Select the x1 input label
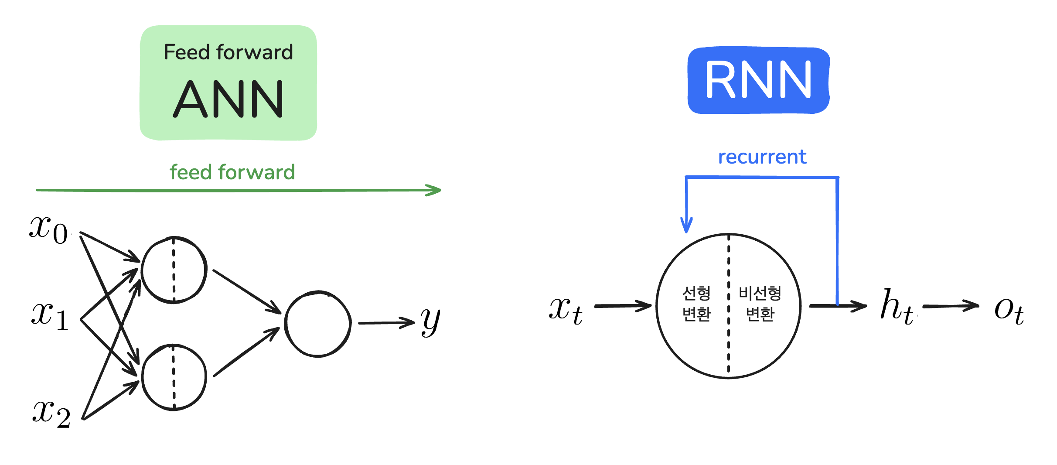pos(50,316)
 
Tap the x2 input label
pos(51,414)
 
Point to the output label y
pos(430,321)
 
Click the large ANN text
pos(228,99)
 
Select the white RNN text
pos(758,80)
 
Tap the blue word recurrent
pos(762,157)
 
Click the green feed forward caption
pos(232,172)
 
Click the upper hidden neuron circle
pos(174,270)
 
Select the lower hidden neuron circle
pos(174,377)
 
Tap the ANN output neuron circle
pos(317,324)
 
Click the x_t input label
pos(566,311)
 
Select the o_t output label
pos(1009,311)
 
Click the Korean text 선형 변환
pos(696,304)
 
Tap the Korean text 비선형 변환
pos(760,304)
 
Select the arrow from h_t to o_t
pos(951,306)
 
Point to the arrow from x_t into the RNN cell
pos(623,306)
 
